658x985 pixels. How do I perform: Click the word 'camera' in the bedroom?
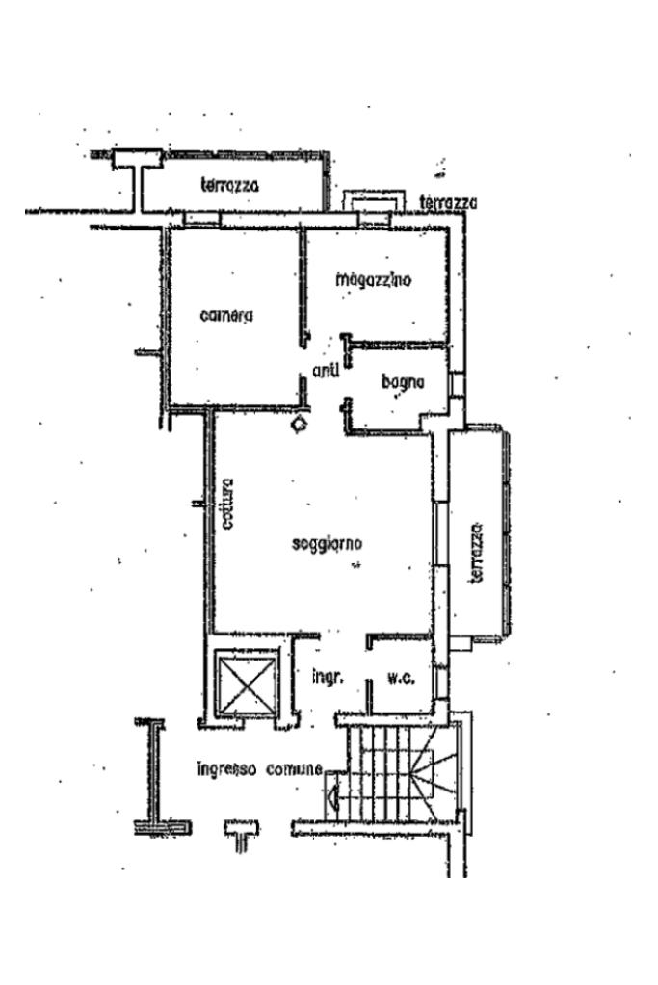coord(227,316)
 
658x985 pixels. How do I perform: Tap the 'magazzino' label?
coord(374,281)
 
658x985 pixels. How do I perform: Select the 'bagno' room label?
coord(403,383)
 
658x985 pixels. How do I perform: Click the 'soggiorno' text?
coord(327,545)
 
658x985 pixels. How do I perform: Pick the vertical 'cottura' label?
coord(227,505)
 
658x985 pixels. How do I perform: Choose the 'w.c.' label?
coord(401,678)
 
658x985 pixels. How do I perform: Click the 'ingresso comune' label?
coord(259,769)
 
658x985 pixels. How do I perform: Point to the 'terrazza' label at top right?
coord(448,203)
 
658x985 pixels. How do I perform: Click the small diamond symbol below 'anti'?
coord(301,422)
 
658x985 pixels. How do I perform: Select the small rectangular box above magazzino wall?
coord(371,199)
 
